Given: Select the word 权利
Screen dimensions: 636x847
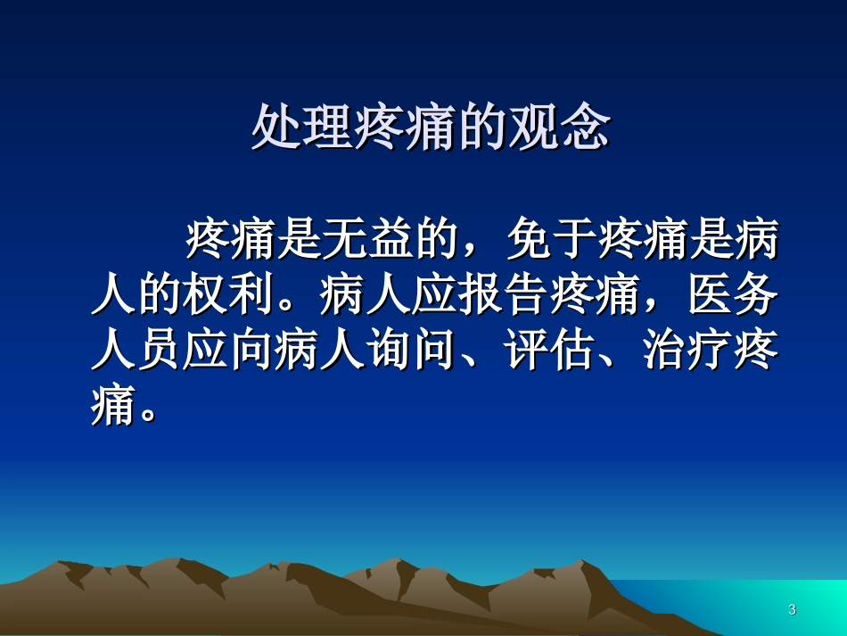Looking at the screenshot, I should coord(229,298).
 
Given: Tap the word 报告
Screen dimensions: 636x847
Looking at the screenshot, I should coord(504,298).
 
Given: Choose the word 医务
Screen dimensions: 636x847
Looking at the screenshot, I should coord(733,298).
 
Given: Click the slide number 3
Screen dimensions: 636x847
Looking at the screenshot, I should coord(792,610).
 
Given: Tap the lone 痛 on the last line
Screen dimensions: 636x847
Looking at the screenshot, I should coord(114,409).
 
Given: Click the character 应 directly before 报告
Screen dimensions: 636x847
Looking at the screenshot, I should coord(435,298).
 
